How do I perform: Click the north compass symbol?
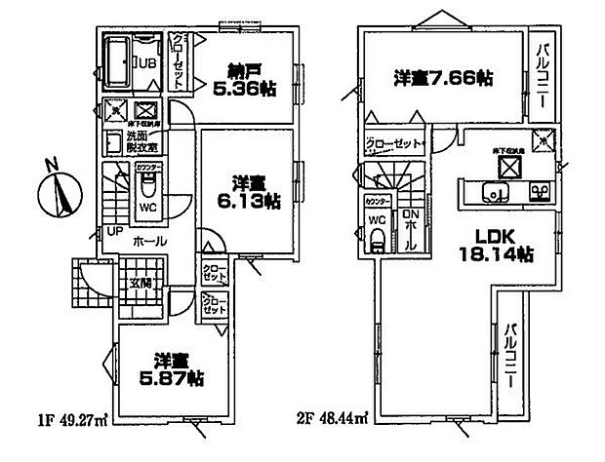coord(60,189)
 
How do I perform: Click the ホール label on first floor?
coord(146,241)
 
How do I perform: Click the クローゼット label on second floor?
coord(396,143)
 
